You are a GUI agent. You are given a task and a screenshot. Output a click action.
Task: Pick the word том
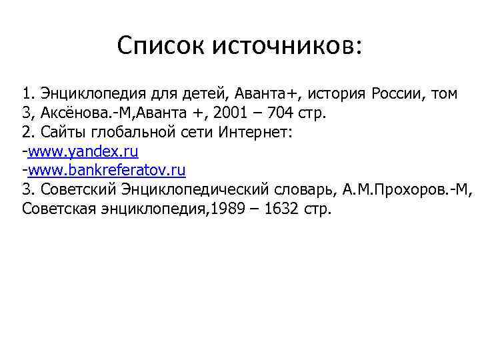pos(443,93)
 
